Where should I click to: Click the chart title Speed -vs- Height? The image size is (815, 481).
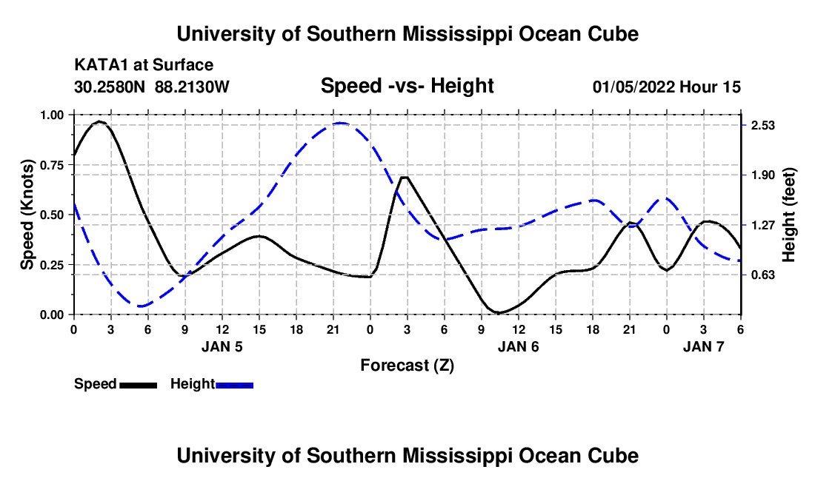tap(407, 86)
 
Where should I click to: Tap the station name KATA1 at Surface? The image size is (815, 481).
tap(144, 65)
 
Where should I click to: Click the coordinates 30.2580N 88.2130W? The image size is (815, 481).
tap(152, 87)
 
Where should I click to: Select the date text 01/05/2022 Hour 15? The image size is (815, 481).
tap(667, 87)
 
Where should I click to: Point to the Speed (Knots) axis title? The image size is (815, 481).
tap(27, 215)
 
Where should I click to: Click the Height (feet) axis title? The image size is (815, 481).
tap(788, 215)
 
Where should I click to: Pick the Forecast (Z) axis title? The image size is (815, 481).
tap(407, 365)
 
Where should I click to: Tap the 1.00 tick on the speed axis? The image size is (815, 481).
tap(52, 115)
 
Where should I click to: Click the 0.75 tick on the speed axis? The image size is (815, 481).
tap(52, 165)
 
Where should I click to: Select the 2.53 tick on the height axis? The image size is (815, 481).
tap(763, 125)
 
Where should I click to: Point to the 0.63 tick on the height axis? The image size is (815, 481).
tap(763, 275)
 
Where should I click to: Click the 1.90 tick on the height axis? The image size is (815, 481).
tap(763, 175)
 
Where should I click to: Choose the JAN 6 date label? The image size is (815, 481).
tap(519, 346)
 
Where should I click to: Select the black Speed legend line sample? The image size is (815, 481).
tap(138, 384)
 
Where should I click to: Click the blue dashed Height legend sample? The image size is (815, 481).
tap(234, 384)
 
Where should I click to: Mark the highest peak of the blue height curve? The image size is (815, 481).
tap(339, 124)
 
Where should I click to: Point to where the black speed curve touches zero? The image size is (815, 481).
tap(499, 313)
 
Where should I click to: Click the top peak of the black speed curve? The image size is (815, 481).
tap(99, 121)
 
